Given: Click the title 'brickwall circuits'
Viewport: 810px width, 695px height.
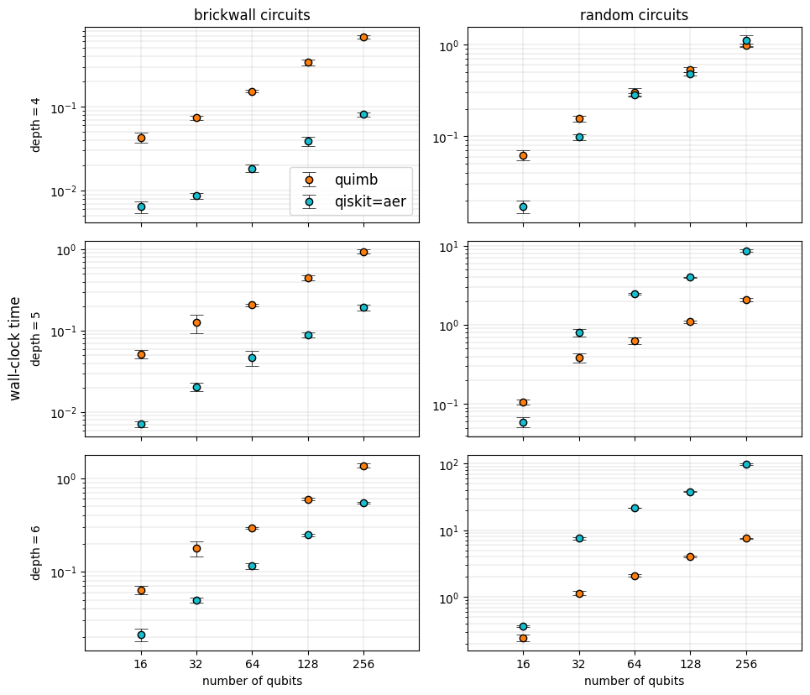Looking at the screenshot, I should point(252,15).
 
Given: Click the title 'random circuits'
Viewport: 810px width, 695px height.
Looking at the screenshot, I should point(634,15).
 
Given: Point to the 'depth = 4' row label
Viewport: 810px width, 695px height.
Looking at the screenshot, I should point(36,125).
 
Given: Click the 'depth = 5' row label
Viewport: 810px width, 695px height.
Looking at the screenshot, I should point(36,338).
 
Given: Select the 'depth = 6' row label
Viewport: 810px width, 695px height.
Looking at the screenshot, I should point(36,551).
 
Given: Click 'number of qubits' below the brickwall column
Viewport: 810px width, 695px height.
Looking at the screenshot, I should point(252,681).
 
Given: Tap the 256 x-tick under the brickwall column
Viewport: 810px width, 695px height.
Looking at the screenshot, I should point(363,663).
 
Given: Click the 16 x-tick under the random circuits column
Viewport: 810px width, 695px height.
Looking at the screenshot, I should point(523,663).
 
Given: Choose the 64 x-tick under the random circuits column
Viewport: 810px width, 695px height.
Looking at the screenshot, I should point(635,663).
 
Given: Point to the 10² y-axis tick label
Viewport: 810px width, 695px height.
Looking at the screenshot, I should point(446,464).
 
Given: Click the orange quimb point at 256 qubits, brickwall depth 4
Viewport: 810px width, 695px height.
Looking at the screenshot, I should point(363,37).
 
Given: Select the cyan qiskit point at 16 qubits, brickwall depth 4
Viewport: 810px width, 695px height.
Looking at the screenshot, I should point(141,206).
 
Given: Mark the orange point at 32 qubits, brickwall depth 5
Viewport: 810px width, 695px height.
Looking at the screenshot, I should point(196,322).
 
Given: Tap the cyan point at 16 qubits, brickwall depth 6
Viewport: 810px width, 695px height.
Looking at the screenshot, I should point(141,635).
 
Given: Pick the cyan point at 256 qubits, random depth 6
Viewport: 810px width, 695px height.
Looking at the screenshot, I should point(746,464).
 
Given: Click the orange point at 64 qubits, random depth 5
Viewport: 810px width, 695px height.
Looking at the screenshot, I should point(635,341).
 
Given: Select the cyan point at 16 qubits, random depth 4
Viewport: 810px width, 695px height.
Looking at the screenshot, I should point(523,206).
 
